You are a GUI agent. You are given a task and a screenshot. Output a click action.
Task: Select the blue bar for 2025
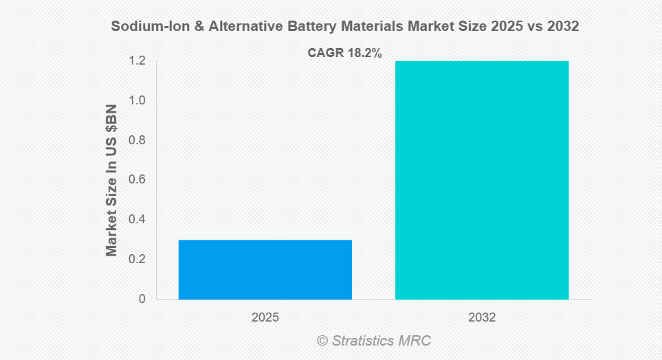click(265, 269)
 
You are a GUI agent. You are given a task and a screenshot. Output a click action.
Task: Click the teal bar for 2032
click(481, 180)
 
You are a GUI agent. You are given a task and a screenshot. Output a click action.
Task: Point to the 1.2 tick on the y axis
click(137, 61)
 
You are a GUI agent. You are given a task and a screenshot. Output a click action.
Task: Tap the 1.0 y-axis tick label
click(137, 101)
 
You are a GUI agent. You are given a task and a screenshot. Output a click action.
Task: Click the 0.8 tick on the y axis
click(137, 140)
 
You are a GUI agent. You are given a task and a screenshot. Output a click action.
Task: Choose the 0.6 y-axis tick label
click(137, 180)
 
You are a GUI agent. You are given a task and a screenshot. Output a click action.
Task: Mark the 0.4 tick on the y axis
click(137, 220)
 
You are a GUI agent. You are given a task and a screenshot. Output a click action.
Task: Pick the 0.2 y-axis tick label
click(137, 260)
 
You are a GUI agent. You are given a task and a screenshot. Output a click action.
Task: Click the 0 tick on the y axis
click(142, 299)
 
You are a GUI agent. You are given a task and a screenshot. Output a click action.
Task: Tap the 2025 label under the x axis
click(265, 318)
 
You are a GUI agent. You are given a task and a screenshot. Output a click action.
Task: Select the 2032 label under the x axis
click(481, 318)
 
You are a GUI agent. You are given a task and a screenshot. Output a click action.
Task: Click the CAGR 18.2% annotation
click(344, 53)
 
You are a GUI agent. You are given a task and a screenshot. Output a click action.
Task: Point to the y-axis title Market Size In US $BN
click(111, 180)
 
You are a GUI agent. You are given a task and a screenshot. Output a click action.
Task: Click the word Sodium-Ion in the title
click(144, 27)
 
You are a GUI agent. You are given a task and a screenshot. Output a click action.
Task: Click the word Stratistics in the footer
click(365, 341)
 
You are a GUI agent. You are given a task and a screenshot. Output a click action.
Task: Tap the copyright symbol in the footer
click(322, 341)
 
